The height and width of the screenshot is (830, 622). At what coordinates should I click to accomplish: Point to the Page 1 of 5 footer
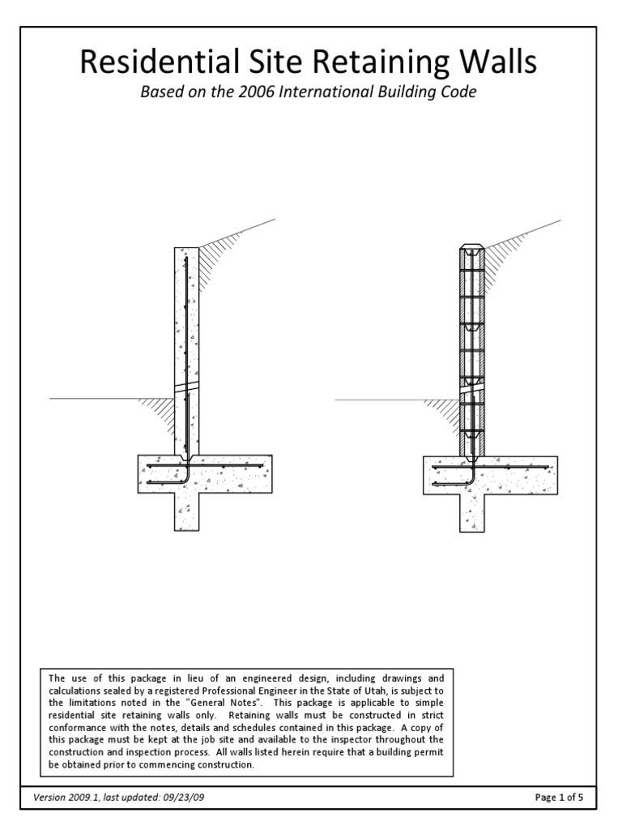pos(560,797)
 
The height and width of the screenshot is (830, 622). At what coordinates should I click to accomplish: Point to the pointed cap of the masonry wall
pos(471,246)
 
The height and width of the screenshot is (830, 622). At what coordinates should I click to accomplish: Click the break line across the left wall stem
pos(187,387)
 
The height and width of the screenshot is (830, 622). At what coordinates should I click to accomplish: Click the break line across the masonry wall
pos(471,387)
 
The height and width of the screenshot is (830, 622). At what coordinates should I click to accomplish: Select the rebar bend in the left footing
pos(185,477)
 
